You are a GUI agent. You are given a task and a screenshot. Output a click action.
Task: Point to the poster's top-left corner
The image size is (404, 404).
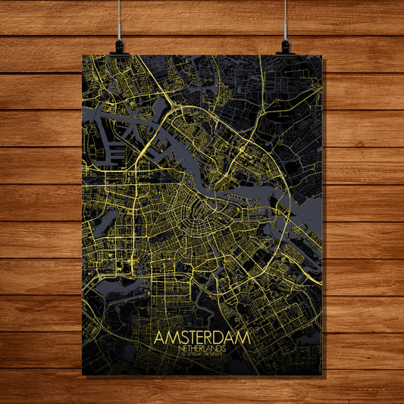(x=82, y=55)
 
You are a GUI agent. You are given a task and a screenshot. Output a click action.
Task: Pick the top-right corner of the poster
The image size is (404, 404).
(x=321, y=55)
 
